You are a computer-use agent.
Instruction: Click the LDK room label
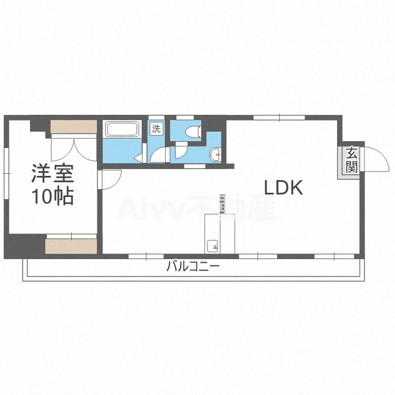283,187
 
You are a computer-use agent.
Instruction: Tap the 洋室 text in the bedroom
52,174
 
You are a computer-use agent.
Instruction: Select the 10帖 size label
52,196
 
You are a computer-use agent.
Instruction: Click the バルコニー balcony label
193,266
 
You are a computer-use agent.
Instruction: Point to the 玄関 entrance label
351,161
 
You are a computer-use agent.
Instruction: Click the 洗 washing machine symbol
156,129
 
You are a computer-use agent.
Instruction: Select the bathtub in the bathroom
122,129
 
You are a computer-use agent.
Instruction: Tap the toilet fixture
193,131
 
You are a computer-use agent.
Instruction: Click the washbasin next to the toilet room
215,154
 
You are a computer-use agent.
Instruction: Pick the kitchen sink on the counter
212,245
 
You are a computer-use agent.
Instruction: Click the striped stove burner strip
222,204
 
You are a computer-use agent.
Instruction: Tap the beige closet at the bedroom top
74,127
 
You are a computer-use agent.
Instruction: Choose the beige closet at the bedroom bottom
71,246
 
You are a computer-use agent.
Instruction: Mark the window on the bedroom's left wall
6,174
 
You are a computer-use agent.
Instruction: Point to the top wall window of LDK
279,117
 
